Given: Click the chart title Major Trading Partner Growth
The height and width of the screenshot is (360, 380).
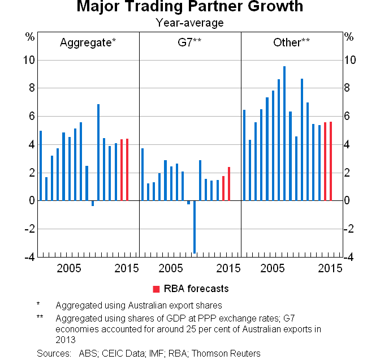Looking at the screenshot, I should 189,7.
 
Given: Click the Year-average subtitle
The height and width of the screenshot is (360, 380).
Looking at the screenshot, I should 189,23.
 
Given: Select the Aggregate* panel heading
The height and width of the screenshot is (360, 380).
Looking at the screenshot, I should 88,42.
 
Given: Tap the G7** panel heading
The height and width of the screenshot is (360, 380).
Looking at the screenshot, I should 189,42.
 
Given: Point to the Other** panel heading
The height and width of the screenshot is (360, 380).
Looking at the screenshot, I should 292,42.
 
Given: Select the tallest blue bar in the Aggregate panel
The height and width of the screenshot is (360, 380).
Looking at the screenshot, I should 98,152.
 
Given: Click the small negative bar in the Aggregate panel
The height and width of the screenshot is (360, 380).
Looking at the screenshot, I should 93,203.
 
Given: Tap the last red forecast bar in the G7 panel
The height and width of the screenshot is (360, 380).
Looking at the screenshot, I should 229,184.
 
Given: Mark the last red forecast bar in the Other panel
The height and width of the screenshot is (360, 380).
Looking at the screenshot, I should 331,161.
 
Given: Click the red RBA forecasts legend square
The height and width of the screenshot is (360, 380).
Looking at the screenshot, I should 156,289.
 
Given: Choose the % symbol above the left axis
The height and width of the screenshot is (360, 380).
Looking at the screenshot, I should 30,37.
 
